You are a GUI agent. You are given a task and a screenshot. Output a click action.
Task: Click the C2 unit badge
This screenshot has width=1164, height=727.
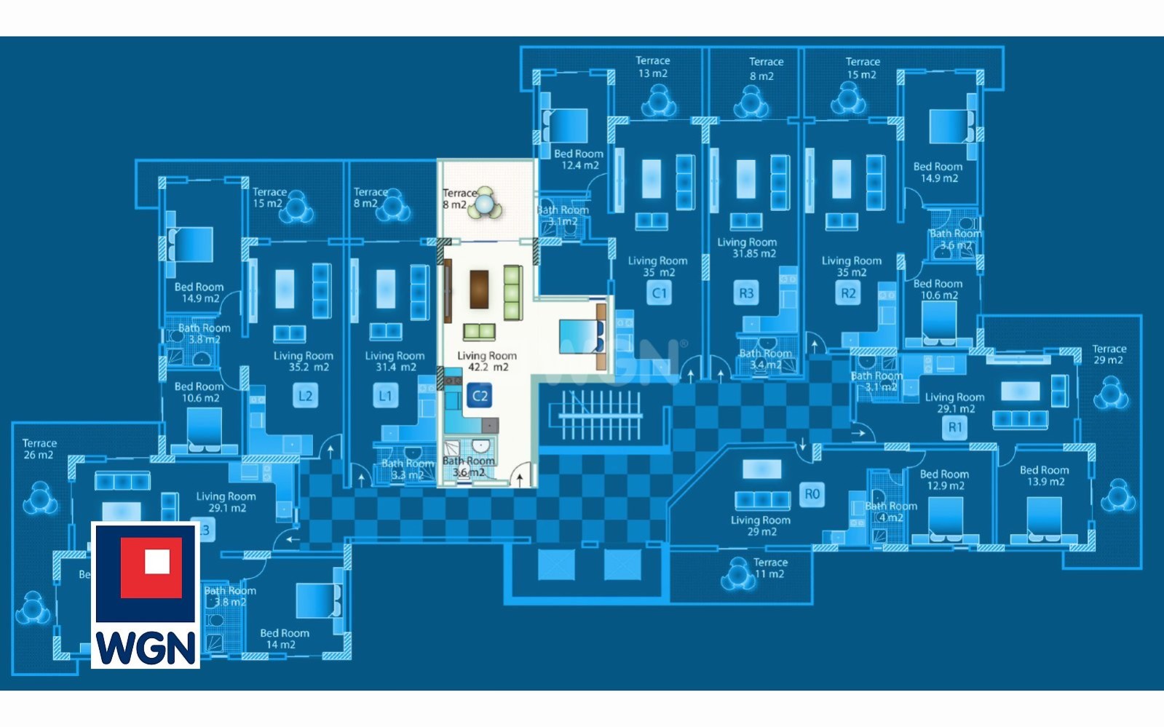480,397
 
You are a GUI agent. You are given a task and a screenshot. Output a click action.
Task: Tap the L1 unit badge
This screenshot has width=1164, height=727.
385,397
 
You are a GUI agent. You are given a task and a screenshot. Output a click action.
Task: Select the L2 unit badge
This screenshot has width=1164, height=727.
305,397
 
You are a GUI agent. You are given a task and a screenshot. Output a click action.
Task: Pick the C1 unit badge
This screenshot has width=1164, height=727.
659,293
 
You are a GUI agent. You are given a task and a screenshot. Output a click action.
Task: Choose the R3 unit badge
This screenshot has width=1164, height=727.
746,293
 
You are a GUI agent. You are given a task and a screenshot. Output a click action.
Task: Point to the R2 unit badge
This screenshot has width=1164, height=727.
848,293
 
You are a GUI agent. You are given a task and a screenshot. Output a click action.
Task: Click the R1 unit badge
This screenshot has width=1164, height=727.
955,427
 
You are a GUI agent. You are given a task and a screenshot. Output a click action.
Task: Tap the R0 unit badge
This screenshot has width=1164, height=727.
812,495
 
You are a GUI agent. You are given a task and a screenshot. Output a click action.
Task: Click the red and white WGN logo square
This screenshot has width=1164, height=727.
151,568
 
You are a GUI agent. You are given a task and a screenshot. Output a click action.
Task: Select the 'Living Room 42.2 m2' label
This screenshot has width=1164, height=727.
487,361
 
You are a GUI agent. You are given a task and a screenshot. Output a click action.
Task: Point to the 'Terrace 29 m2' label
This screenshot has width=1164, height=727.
1109,354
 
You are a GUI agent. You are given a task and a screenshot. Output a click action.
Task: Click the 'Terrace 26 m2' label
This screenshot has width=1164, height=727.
39,448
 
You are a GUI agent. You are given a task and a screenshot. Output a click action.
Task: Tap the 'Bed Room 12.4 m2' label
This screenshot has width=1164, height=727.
579,159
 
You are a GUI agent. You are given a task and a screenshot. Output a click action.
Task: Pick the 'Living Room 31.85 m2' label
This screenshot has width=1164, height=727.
747,247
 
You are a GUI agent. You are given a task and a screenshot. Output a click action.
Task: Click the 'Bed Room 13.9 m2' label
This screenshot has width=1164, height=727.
1044,476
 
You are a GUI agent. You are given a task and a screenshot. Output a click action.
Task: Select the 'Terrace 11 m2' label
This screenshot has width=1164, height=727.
770,568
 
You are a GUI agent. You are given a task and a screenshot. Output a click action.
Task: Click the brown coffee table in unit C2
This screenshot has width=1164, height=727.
479,289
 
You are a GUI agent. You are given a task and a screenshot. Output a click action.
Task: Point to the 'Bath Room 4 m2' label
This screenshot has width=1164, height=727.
891,512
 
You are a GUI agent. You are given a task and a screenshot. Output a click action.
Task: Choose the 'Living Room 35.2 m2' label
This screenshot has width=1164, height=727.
304,361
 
